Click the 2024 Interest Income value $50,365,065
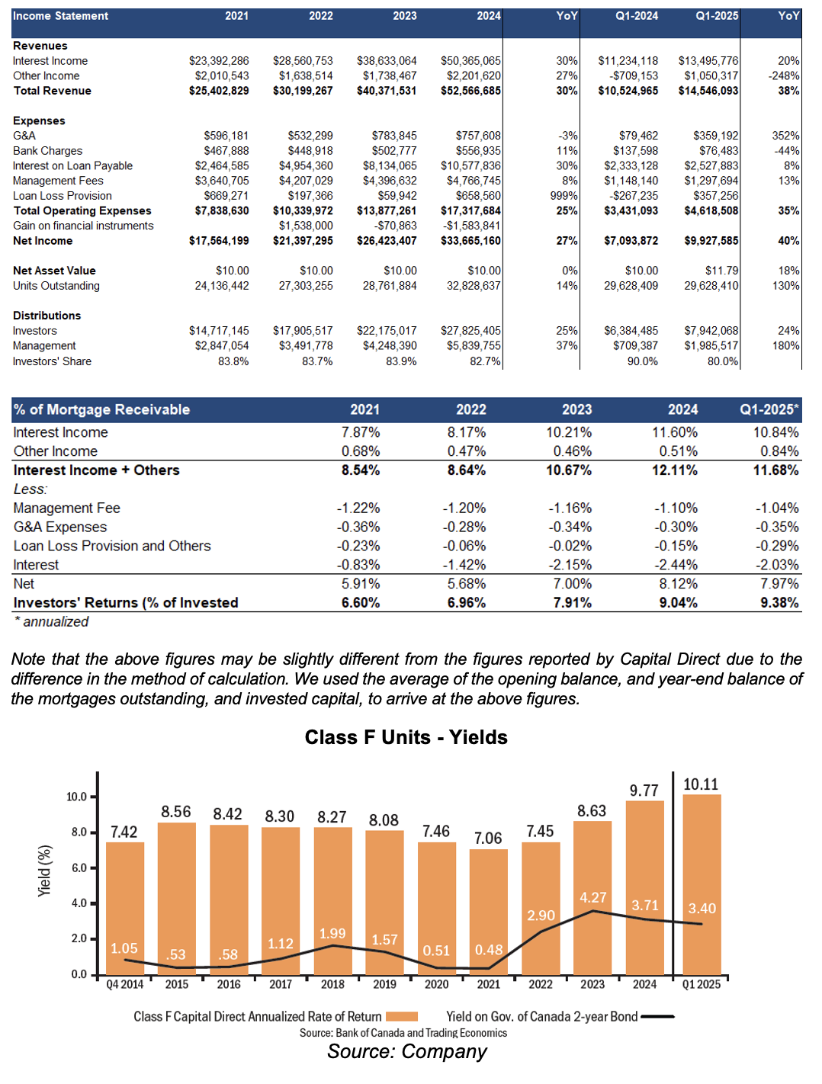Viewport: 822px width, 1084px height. [470, 61]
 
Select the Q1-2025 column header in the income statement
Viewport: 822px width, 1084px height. [717, 16]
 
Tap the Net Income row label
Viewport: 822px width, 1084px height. [43, 240]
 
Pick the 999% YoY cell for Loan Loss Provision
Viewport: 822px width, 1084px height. [564, 196]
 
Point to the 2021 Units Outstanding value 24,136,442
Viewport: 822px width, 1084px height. [222, 285]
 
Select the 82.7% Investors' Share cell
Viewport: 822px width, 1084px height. [485, 361]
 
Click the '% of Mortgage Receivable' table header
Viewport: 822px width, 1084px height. [101, 409]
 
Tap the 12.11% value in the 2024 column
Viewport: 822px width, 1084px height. [675, 470]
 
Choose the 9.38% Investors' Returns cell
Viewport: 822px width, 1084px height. [779, 602]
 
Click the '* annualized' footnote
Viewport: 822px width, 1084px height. [51, 621]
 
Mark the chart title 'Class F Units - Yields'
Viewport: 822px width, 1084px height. [406, 737]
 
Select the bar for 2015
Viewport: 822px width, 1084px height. [177, 899]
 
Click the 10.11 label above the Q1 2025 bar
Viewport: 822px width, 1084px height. [701, 784]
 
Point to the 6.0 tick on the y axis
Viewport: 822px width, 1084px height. [79, 868]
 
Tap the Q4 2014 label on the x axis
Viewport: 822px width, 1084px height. [125, 984]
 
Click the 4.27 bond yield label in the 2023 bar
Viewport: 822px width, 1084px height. [592, 897]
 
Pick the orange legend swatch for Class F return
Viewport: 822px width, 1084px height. [402, 1016]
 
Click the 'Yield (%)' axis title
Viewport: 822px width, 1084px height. [44, 871]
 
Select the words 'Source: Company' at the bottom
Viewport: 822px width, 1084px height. [407, 1051]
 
